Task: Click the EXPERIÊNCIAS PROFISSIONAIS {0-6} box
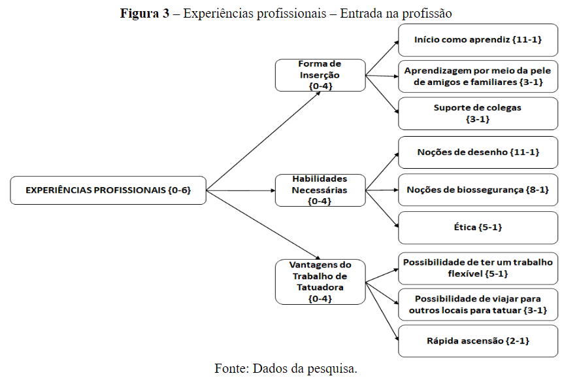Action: tap(108, 190)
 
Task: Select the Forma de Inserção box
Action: tap(320, 75)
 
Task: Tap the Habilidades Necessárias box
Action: tap(320, 190)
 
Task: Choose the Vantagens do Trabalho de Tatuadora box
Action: tap(320, 282)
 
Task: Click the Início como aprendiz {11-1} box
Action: tap(478, 40)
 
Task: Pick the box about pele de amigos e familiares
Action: tap(478, 77)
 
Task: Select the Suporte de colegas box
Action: tap(478, 114)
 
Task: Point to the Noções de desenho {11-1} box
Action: tap(478, 152)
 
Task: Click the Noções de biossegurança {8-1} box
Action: tap(478, 190)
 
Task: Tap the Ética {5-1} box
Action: tap(478, 228)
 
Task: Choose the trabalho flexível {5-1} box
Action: tap(478, 268)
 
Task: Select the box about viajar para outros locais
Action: tap(478, 305)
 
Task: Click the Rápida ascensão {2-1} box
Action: tap(478, 341)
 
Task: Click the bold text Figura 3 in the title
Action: tap(144, 13)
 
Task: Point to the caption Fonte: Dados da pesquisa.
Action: tap(286, 368)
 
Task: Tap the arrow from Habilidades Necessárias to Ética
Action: tap(382, 209)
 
